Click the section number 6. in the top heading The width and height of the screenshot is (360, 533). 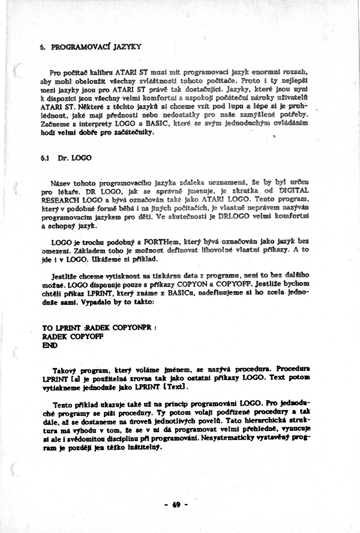pos(43,46)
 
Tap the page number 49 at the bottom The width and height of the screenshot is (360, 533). pos(176,505)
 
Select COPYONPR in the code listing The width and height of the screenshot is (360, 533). pos(131,329)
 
